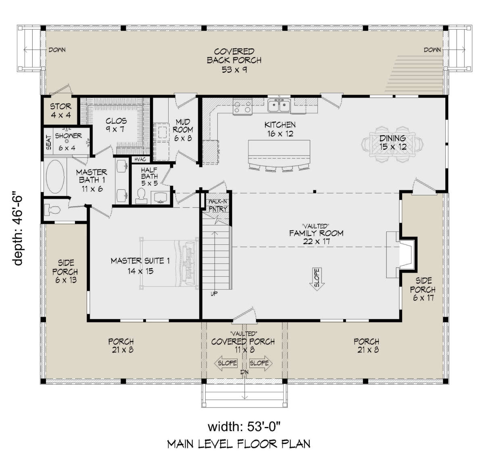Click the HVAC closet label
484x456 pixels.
click(x=140, y=159)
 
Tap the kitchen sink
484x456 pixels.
click(x=279, y=106)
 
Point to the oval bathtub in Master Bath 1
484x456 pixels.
click(x=55, y=177)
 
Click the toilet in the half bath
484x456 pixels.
click(x=141, y=195)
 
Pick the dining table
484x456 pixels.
click(x=392, y=145)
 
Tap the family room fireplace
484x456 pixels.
click(x=401, y=254)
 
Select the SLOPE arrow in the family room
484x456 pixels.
click(x=317, y=279)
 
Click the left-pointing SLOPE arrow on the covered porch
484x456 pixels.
click(x=226, y=363)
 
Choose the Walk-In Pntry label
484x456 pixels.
click(x=217, y=205)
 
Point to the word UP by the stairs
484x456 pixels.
click(x=214, y=294)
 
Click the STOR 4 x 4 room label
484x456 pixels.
click(x=60, y=111)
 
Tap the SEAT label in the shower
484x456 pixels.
click(x=49, y=142)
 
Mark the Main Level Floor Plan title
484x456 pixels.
click(x=239, y=444)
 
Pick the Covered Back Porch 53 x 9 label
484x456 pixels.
click(x=234, y=61)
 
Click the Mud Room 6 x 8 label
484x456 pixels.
click(x=183, y=130)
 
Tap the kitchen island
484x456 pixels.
click(x=279, y=153)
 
